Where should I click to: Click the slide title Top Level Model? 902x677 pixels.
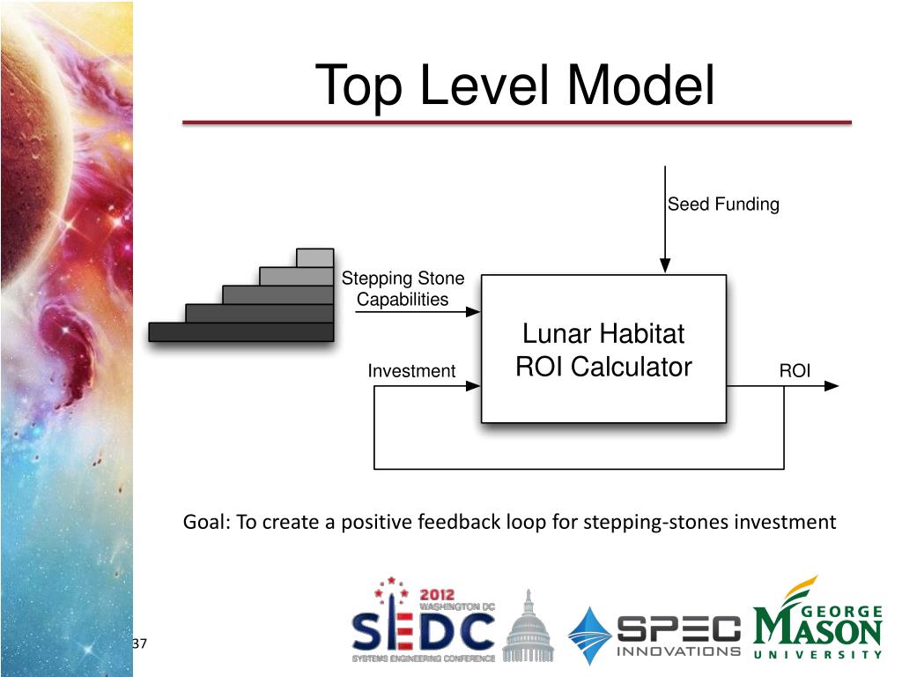(x=515, y=86)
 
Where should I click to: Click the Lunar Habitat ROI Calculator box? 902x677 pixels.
(x=603, y=349)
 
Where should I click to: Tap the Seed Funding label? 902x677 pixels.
(x=723, y=205)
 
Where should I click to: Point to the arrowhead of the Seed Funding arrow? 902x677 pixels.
(x=665, y=265)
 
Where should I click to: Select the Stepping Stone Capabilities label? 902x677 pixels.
(x=403, y=289)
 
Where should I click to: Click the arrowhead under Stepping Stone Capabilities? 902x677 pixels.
(x=473, y=311)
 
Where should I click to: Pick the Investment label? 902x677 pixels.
(x=411, y=371)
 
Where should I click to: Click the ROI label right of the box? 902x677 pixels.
(x=795, y=371)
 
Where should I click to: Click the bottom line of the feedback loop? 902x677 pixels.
(x=579, y=468)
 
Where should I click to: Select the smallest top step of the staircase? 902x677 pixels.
(x=314, y=257)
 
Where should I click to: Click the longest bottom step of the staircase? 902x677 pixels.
(x=240, y=331)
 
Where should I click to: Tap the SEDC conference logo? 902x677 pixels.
(x=423, y=622)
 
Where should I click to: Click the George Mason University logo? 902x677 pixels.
(x=817, y=621)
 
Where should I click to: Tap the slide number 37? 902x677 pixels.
(x=138, y=644)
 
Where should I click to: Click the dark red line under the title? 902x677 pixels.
(x=516, y=123)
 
